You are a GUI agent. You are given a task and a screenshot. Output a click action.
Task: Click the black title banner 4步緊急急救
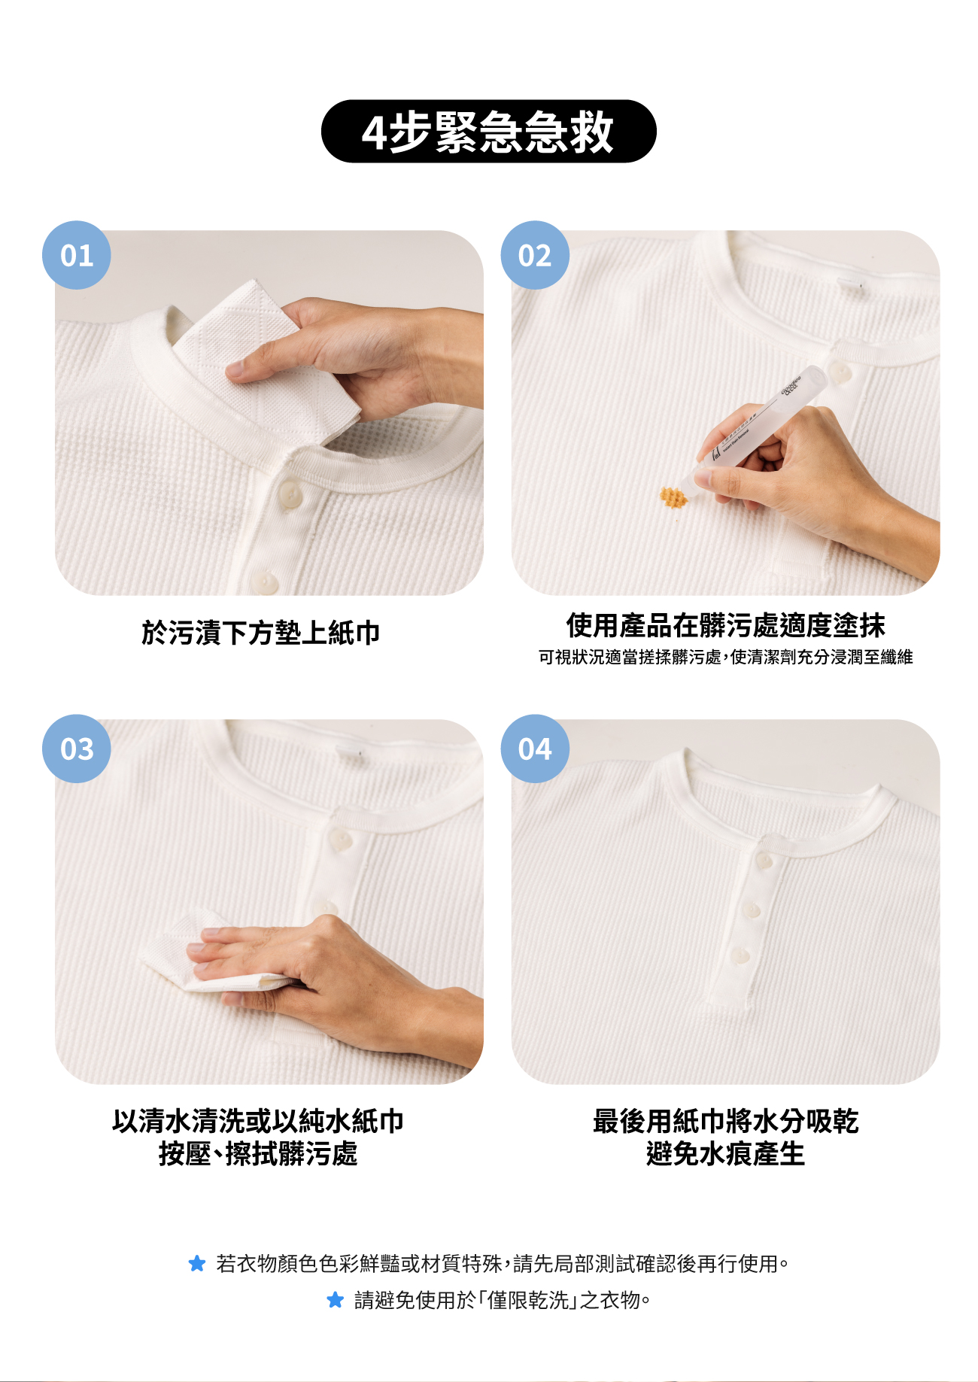pyautogui.click(x=489, y=132)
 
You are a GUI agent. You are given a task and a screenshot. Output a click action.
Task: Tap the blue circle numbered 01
pyautogui.click(x=77, y=255)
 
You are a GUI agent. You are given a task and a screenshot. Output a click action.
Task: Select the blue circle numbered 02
pyautogui.click(x=535, y=255)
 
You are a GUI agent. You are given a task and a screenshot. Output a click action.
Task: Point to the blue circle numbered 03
pyautogui.click(x=77, y=749)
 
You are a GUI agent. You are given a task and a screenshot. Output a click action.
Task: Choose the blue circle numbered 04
pyautogui.click(x=535, y=749)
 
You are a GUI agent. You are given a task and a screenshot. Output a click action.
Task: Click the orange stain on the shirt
pyautogui.click(x=673, y=497)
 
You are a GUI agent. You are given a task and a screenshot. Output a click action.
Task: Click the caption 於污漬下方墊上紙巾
pyautogui.click(x=261, y=633)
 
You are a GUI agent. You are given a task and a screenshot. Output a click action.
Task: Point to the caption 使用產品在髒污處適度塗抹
pyautogui.click(x=725, y=625)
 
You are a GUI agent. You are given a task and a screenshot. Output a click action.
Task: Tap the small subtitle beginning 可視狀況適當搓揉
pyautogui.click(x=725, y=657)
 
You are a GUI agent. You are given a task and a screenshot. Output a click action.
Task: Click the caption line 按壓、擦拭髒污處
pyautogui.click(x=258, y=1153)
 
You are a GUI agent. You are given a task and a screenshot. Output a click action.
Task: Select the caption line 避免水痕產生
pyautogui.click(x=725, y=1153)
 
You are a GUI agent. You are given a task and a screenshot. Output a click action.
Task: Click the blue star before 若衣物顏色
pyautogui.click(x=197, y=1263)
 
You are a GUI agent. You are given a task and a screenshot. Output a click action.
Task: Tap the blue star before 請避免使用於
pyautogui.click(x=336, y=1299)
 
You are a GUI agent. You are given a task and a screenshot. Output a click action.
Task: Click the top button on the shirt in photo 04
pyautogui.click(x=764, y=861)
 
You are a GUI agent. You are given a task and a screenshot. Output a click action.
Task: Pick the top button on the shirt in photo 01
pyautogui.click(x=290, y=494)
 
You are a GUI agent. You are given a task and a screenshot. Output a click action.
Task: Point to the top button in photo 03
pyautogui.click(x=341, y=840)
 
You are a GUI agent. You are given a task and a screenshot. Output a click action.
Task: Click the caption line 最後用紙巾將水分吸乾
pyautogui.click(x=725, y=1121)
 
